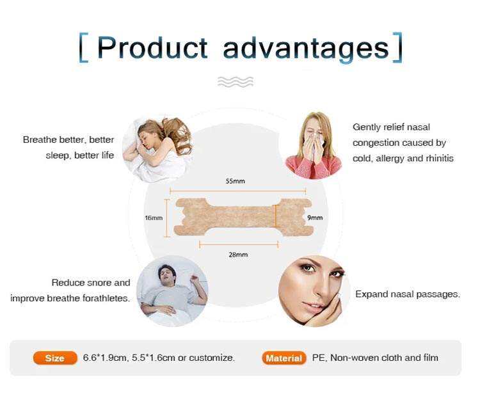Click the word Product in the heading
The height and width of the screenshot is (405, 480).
[152, 47]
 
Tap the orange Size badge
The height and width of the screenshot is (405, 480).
[55, 358]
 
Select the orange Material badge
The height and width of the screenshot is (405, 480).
[284, 358]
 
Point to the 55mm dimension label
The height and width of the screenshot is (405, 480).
[235, 181]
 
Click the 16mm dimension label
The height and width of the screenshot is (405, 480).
[154, 218]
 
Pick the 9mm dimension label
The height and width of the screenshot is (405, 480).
[315, 218]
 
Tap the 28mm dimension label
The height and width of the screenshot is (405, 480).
[238, 255]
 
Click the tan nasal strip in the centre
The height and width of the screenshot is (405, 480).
[243, 217]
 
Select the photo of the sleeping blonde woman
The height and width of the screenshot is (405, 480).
[157, 150]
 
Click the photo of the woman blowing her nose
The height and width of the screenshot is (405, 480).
[314, 145]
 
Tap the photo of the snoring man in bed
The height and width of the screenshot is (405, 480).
[172, 291]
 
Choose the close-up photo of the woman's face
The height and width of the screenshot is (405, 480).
[314, 291]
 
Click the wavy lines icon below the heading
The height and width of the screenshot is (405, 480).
[236, 82]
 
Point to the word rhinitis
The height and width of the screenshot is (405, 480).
[440, 158]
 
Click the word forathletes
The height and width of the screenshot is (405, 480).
[106, 298]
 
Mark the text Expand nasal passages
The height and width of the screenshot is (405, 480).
[408, 294]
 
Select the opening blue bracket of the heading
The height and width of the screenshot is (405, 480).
[84, 48]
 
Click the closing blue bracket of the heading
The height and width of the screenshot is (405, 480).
[397, 48]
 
